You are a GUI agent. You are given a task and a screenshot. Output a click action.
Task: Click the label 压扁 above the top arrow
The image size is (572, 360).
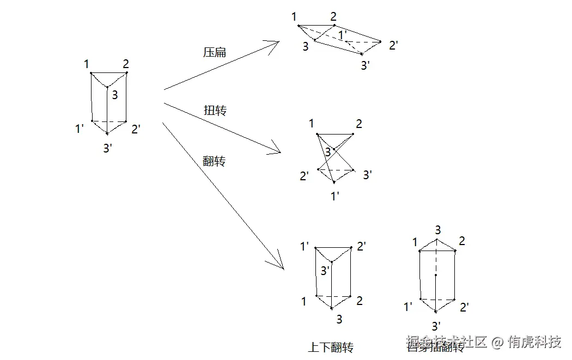[x=214, y=53]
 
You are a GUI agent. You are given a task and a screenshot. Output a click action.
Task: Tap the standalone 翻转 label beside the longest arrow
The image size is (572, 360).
[x=214, y=161]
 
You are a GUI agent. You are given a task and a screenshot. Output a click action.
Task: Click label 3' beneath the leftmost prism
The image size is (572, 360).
[x=108, y=148]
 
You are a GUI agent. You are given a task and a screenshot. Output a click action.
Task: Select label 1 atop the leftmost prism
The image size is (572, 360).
[x=87, y=65]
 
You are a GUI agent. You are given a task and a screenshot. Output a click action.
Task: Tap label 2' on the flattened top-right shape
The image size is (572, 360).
[x=393, y=45]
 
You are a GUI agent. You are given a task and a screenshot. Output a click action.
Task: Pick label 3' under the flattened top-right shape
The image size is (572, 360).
[x=366, y=65]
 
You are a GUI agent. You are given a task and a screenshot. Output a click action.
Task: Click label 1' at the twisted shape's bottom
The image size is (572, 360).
[x=336, y=196]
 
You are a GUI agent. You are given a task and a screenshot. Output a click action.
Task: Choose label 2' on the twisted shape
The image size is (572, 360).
[x=304, y=176]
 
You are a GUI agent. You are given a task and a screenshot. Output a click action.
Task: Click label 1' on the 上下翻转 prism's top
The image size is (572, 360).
[x=305, y=247]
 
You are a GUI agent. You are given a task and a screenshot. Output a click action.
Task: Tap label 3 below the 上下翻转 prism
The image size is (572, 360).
[x=339, y=319]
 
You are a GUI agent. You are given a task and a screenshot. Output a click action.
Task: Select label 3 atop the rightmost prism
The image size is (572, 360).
[x=437, y=230]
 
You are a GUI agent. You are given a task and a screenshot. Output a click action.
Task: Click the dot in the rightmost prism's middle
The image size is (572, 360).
[x=436, y=276]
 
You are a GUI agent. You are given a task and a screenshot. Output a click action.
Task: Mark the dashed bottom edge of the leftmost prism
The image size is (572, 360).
[x=109, y=121]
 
